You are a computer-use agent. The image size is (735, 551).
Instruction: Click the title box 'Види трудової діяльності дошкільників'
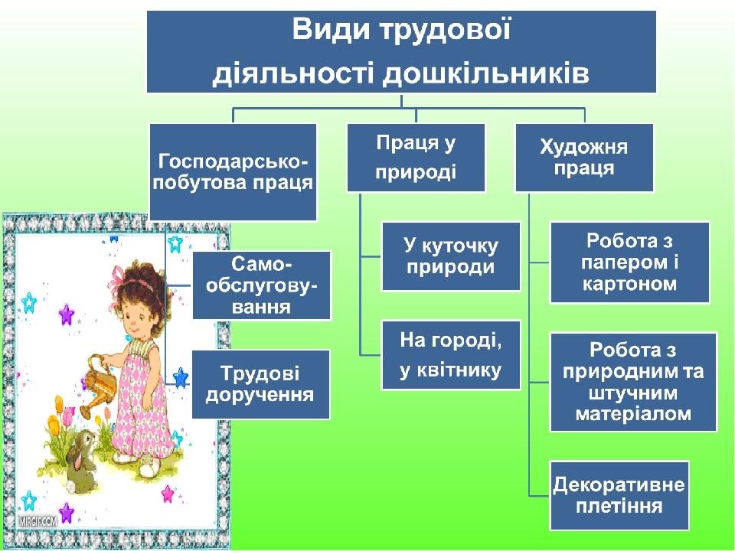pos(401,51)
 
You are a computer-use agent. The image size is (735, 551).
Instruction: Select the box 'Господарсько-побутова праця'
pos(233,172)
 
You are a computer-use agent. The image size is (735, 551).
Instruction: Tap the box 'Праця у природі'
pos(416,158)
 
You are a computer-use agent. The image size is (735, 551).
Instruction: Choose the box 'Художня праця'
pos(584,158)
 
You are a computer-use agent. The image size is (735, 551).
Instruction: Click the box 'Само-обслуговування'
pos(262,285)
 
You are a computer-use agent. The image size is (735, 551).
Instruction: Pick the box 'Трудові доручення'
pos(260,384)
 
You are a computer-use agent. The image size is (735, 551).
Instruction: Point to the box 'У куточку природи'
pos(451,256)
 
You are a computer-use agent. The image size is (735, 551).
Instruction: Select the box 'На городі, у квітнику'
pos(451,355)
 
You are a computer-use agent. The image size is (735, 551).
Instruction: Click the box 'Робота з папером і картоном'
pos(629,262)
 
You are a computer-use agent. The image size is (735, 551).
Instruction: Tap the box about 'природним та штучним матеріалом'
pos(633,382)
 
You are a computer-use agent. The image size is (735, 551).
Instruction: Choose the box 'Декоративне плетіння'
pos(619,496)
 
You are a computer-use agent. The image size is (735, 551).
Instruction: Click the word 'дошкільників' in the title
pos(485,73)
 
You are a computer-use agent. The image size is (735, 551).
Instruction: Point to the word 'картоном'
pos(629,283)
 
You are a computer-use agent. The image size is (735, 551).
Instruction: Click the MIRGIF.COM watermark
pos(38,521)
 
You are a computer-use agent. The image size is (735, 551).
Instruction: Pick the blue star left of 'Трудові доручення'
pos(181,377)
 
